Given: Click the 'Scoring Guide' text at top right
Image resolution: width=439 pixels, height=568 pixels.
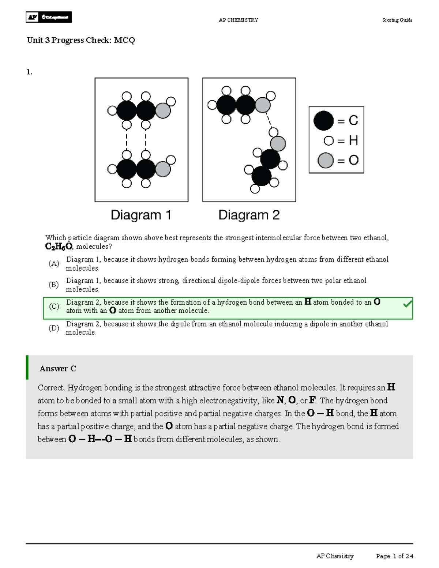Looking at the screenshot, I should click(x=397, y=20).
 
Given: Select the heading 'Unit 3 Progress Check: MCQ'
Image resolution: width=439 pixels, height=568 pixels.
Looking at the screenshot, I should click(x=81, y=40).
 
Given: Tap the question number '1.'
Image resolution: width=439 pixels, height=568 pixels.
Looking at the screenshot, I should click(x=29, y=72).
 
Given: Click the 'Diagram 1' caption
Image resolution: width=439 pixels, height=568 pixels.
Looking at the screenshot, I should click(x=141, y=215).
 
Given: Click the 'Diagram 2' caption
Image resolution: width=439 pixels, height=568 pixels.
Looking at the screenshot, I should click(x=249, y=215).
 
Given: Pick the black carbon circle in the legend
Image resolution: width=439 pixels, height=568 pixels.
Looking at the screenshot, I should click(x=323, y=121).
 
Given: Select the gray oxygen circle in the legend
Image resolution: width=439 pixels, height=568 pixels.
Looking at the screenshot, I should click(x=325, y=160).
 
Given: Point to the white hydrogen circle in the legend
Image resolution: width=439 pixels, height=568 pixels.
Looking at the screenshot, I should click(x=329, y=140).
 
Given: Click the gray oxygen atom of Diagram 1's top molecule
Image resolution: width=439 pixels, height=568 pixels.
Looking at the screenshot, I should click(x=163, y=110).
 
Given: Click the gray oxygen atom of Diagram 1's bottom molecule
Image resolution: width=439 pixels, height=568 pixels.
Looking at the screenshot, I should click(x=163, y=169).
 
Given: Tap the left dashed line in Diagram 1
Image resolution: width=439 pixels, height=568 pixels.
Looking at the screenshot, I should click(x=127, y=140).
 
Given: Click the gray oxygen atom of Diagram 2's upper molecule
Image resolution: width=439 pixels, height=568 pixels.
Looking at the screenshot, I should click(x=262, y=105).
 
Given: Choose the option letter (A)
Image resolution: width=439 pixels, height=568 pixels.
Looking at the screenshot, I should click(x=54, y=264).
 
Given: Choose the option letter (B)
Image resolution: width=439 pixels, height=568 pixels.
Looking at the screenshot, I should click(x=54, y=285).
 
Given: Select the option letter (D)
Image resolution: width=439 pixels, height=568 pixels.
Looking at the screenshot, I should click(x=54, y=328).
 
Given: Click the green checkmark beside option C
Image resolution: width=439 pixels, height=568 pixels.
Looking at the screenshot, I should click(x=407, y=304).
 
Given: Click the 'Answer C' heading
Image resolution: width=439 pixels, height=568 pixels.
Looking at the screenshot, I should click(x=58, y=369).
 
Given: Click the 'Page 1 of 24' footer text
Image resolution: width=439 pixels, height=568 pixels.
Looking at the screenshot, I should click(x=394, y=556).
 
